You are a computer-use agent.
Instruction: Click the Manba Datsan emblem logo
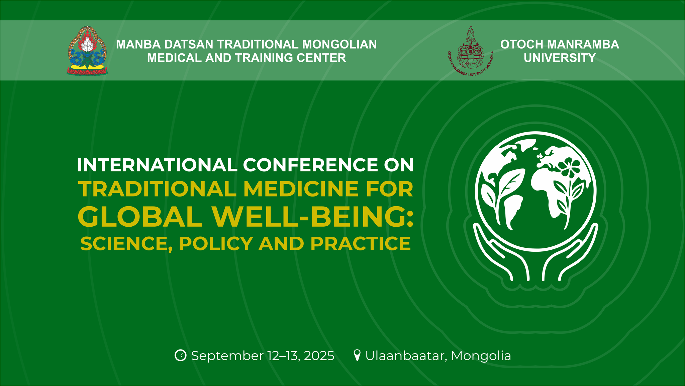coord(87,50)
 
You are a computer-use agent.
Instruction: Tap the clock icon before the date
coord(181,356)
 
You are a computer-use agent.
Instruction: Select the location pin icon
coord(357,356)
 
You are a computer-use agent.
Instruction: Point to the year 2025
coord(319,356)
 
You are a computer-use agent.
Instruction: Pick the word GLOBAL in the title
coord(140,217)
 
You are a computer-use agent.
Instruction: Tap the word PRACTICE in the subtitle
coord(361,243)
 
